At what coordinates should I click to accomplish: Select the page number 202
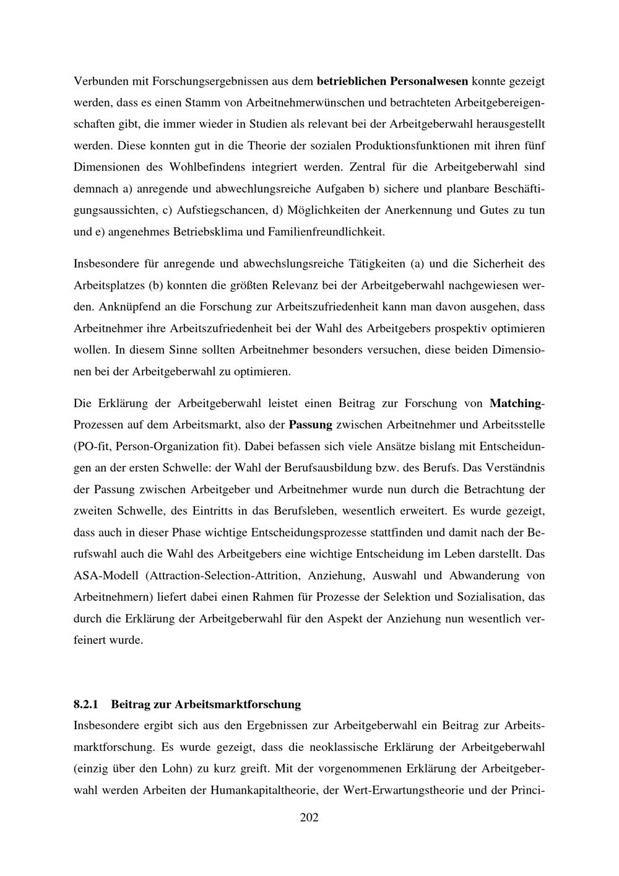click(309, 818)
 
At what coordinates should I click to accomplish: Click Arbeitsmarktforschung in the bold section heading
click(238, 704)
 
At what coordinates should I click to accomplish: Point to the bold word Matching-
click(517, 403)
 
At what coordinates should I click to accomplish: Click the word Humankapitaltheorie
click(263, 791)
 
